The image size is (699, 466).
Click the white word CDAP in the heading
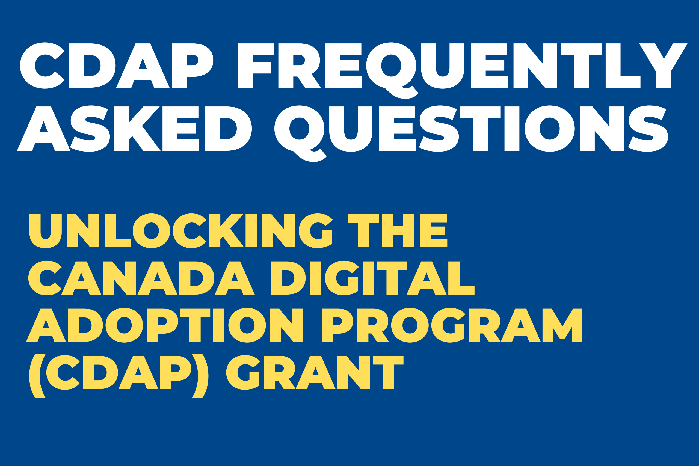[x=117, y=66]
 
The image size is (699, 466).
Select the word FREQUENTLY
[x=463, y=66]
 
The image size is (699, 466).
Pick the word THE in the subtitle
[x=398, y=231]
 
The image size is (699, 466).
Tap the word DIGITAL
[x=372, y=278]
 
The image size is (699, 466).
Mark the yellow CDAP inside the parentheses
[x=118, y=372]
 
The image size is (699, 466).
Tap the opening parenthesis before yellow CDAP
[x=37, y=376]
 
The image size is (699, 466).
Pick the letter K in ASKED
[x=137, y=128]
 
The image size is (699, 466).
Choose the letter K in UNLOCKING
[x=226, y=231]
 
